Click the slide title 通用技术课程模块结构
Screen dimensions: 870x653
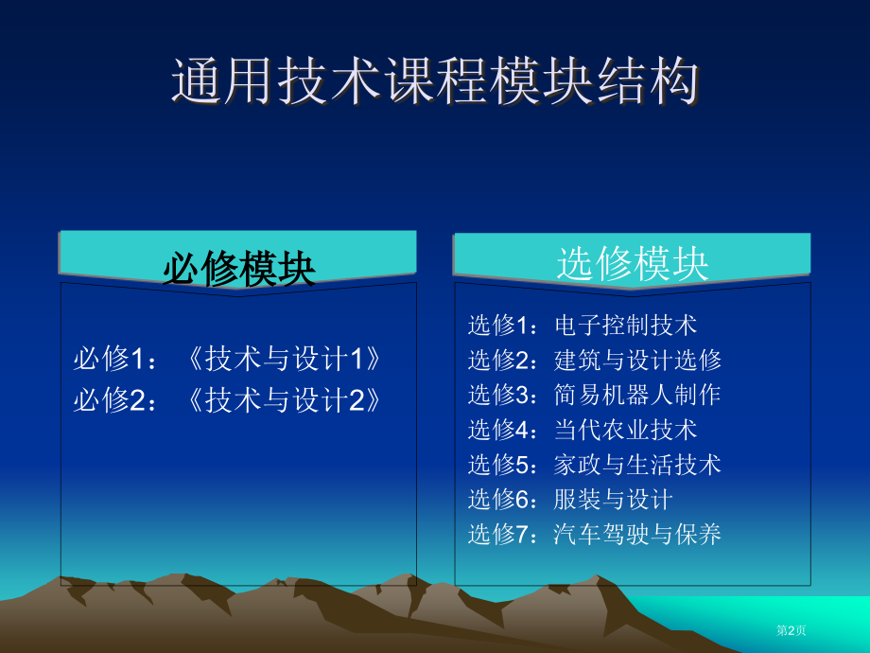click(x=436, y=81)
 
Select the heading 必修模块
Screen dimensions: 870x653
click(x=239, y=269)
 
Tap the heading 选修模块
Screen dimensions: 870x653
click(x=633, y=264)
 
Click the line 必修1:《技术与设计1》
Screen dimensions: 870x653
click(x=227, y=358)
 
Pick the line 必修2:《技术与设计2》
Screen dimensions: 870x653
click(x=227, y=399)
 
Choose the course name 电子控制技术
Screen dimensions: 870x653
click(x=625, y=325)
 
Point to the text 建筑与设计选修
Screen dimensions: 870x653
click(x=637, y=360)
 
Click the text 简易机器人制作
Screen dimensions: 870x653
click(x=637, y=395)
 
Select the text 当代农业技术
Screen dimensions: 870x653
click(x=625, y=430)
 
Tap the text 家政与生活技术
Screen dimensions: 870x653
click(x=637, y=465)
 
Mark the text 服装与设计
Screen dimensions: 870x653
click(x=613, y=499)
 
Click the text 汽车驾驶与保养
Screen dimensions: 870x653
click(x=637, y=534)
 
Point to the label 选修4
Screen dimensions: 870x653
click(x=499, y=430)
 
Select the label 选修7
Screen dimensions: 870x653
click(x=499, y=534)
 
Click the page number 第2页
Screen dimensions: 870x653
click(x=792, y=630)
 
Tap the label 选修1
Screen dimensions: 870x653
click(x=499, y=325)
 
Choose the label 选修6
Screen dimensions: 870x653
click(x=499, y=499)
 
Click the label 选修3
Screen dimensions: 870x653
click(x=499, y=395)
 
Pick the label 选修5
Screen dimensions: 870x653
click(x=499, y=465)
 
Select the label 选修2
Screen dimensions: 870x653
click(x=499, y=360)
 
